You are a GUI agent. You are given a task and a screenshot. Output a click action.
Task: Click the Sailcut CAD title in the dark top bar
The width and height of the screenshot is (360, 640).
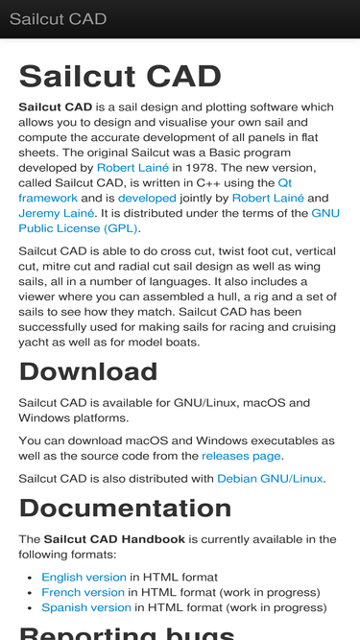[x=58, y=19]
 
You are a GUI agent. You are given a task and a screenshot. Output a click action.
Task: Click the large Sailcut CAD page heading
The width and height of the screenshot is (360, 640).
[x=120, y=77]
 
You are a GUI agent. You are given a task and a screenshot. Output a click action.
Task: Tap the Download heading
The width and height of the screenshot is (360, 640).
[x=88, y=371]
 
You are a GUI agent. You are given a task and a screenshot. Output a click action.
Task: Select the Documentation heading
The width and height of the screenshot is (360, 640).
[x=125, y=508]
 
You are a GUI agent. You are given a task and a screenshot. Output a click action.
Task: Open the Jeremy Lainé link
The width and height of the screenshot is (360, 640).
[x=56, y=213]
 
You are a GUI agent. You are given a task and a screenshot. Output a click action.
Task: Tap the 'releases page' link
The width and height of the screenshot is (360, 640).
[x=242, y=456]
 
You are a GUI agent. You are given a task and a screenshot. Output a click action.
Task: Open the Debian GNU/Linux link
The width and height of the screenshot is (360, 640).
[x=270, y=478]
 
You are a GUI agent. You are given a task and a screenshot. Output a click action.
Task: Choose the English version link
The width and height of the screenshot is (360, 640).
[x=84, y=577]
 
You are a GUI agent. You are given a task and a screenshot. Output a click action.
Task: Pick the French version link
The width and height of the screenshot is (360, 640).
[x=83, y=592]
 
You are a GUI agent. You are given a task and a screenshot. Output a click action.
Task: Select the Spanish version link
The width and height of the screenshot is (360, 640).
[x=85, y=607]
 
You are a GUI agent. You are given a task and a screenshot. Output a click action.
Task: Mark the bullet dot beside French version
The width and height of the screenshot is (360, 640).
[x=32, y=593]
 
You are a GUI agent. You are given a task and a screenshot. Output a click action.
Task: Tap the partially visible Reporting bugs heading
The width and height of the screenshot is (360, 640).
[x=127, y=632]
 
